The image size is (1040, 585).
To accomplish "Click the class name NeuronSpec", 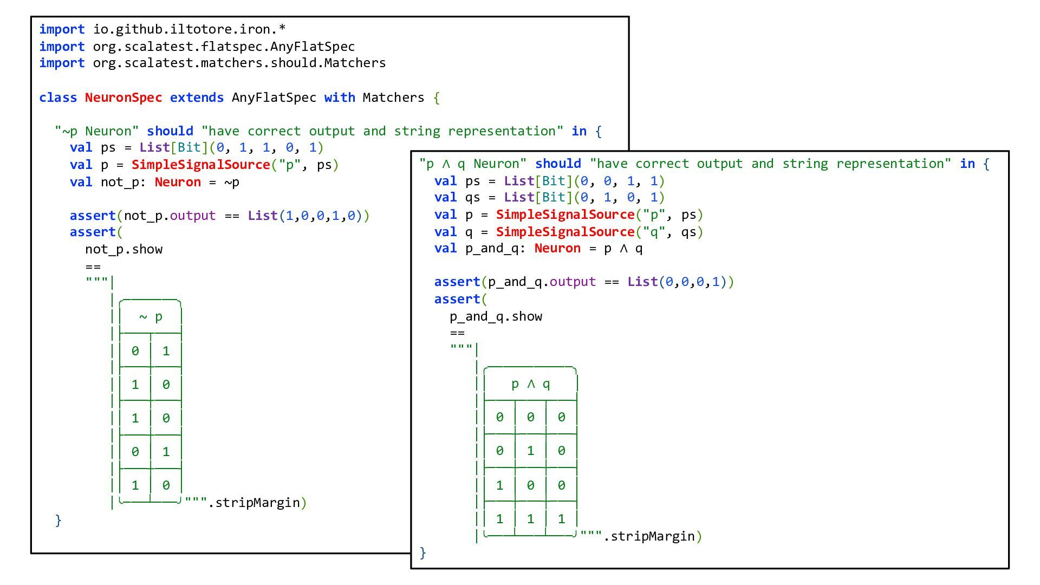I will pos(123,97).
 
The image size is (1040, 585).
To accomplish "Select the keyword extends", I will pos(197,97).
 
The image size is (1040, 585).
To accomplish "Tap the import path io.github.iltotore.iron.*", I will pos(189,29).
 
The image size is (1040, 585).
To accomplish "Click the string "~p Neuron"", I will pos(97,131).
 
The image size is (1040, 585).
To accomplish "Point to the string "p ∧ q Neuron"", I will pos(473,164).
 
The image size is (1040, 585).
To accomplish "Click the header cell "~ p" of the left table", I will pos(151,317).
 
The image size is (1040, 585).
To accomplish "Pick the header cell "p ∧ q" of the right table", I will pos(530,384).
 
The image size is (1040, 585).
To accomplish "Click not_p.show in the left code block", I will pos(123,249).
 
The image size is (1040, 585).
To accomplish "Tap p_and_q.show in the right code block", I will pos(496,316).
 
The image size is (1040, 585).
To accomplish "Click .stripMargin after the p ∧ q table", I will pos(649,536).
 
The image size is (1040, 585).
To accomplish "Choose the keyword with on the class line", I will pos(340,97).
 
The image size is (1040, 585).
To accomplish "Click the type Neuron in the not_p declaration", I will pos(177,182).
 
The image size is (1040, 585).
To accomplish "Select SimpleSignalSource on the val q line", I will pos(565,232).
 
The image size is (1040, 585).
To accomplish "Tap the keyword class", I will pos(58,97).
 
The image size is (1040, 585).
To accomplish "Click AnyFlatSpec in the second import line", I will pos(313,47).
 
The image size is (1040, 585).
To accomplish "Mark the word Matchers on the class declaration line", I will pos(393,97).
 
